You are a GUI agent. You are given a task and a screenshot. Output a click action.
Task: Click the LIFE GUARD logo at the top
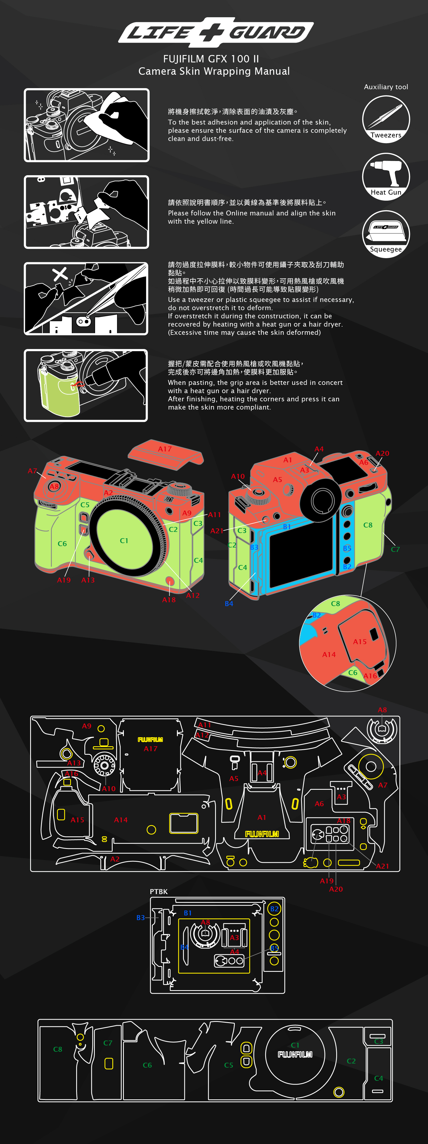click(x=216, y=32)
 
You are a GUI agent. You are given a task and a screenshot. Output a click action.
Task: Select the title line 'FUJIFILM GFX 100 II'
click(x=211, y=59)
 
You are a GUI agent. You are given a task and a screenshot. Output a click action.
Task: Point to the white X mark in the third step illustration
click(x=60, y=274)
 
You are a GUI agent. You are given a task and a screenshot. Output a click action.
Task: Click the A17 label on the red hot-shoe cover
click(x=165, y=449)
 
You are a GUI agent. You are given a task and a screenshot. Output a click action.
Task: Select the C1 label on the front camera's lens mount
click(x=124, y=540)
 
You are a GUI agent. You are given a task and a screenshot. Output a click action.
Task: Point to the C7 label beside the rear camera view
click(x=395, y=549)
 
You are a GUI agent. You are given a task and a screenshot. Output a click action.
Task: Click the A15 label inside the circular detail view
click(x=359, y=642)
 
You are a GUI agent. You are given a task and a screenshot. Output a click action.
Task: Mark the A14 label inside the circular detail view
click(x=329, y=655)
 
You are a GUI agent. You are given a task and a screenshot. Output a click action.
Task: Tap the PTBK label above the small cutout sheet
click(x=159, y=891)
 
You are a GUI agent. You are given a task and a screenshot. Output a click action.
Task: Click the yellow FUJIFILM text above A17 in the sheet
click(x=150, y=739)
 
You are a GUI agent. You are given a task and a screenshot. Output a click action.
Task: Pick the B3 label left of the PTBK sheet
click(x=141, y=918)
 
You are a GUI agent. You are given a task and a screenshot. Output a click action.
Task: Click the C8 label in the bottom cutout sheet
click(x=58, y=1049)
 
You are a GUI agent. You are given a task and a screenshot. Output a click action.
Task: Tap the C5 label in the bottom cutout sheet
click(x=229, y=1065)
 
